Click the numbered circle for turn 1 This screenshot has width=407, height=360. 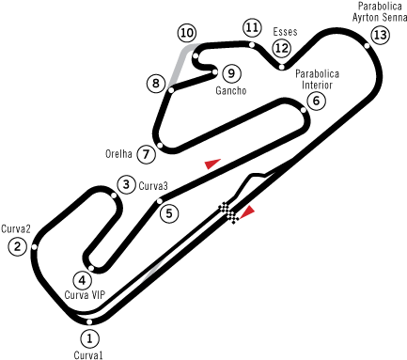coord(89,338)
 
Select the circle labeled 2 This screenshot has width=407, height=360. coord(17,247)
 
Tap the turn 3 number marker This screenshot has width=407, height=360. coord(126,184)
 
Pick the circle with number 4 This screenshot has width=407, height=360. coord(83,280)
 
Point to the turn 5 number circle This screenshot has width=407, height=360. coord(169,213)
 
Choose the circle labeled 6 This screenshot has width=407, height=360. coord(316,101)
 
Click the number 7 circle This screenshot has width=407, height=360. coord(146,154)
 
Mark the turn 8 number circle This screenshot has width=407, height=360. coord(156,84)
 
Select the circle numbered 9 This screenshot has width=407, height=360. coord(231,73)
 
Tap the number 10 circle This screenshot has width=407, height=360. coord(186,33)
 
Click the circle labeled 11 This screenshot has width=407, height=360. coord(252,27)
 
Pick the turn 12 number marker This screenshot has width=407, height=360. coord(281,48)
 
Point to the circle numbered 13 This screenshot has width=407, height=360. coord(380,35)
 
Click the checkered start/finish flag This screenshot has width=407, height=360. coord(228,212)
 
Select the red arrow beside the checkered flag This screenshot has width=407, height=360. coord(247,211)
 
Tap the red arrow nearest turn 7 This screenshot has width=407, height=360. coord(212,164)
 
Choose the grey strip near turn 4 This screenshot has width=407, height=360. coord(152,271)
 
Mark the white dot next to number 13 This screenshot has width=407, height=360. coord(367,45)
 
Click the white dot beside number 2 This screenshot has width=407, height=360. coord(34,247)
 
